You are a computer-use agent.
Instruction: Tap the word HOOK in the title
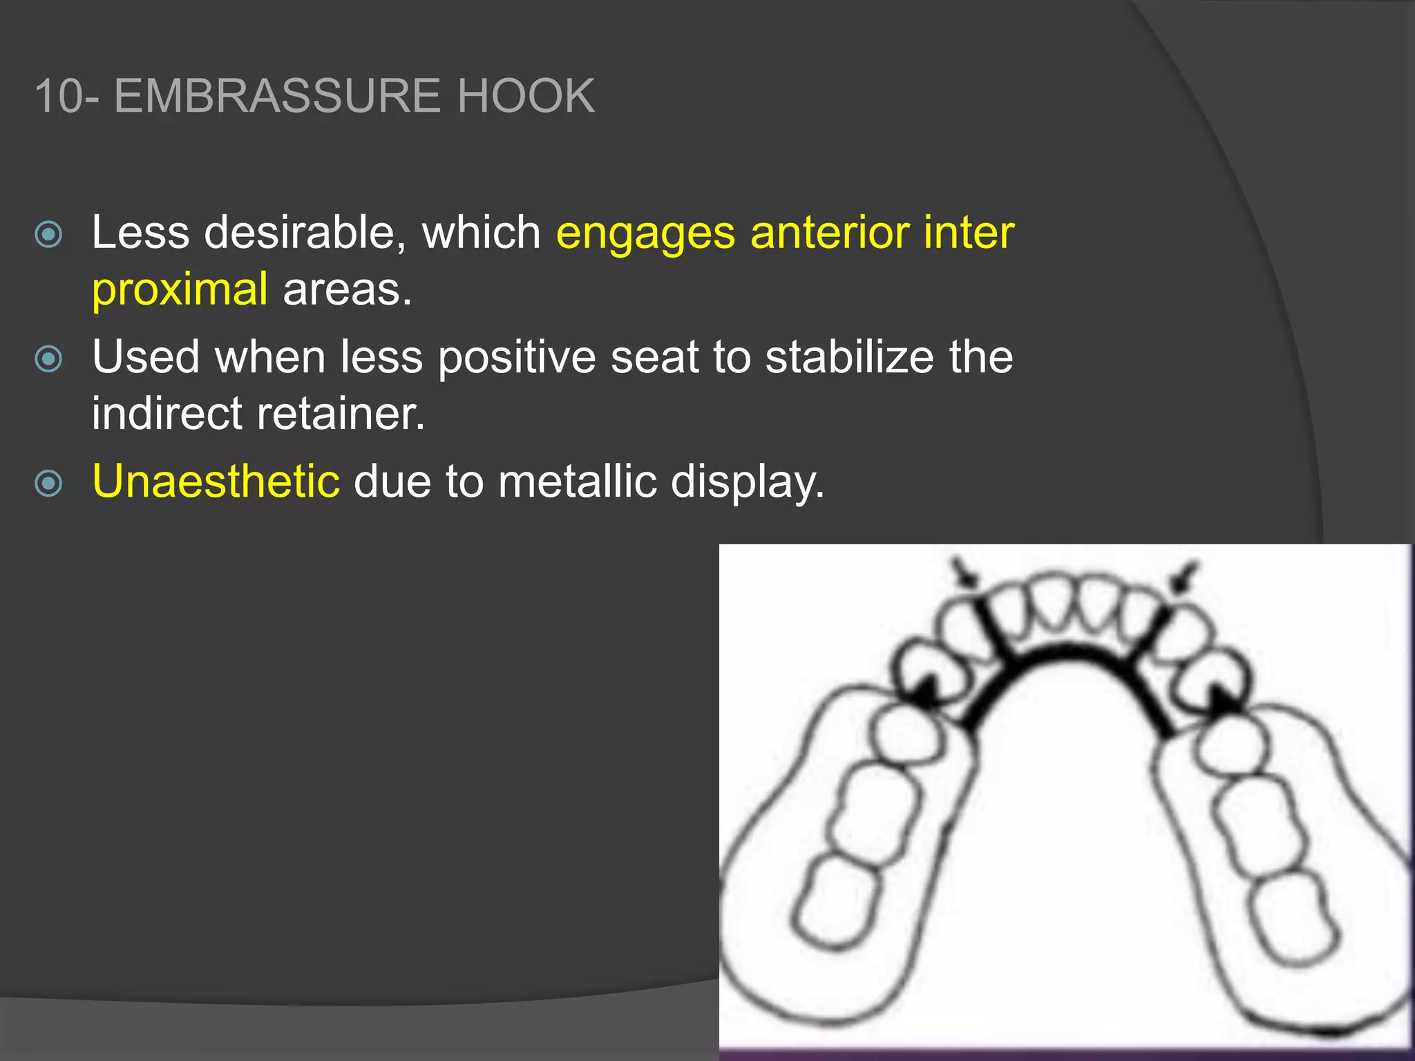(x=525, y=96)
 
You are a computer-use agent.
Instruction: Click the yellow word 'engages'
(x=645, y=233)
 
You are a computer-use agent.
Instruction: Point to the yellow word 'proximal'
(x=180, y=289)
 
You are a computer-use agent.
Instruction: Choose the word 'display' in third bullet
(x=746, y=482)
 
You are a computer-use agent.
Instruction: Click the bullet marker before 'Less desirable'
(x=48, y=235)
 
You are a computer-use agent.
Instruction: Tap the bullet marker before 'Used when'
(x=48, y=359)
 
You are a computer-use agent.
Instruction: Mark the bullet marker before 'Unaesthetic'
(x=48, y=484)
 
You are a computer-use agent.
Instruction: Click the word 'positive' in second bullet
(x=516, y=359)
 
